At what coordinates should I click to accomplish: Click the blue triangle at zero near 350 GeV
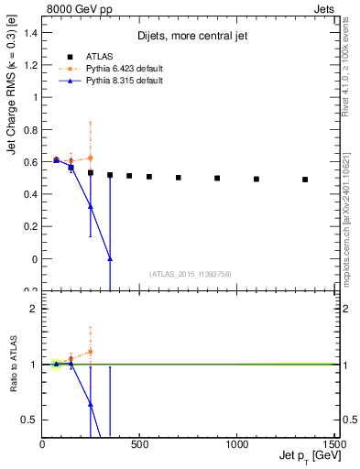[x=110, y=259]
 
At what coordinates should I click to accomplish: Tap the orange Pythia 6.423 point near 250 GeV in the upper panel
[x=91, y=158]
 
